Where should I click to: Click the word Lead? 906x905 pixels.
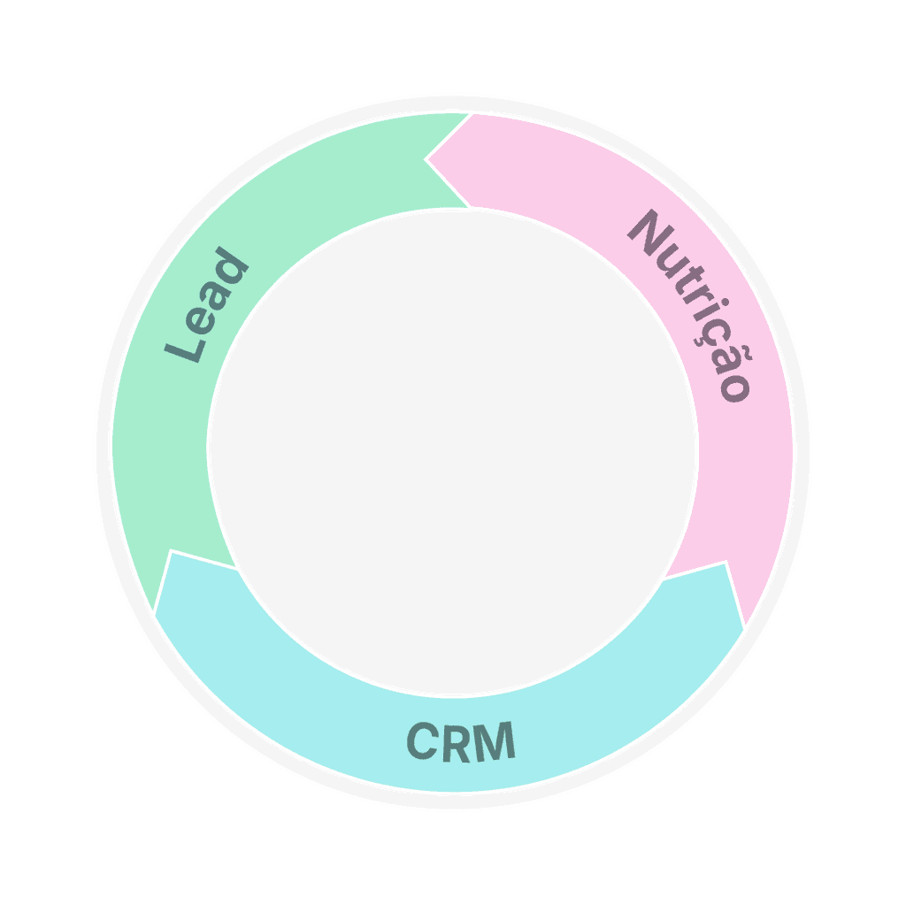pyautogui.click(x=207, y=306)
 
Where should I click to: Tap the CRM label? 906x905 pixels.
pyautogui.click(x=461, y=741)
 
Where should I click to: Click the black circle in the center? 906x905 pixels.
pyautogui.click(x=452, y=451)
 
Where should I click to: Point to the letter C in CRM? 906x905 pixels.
pyautogui.click(x=423, y=742)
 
